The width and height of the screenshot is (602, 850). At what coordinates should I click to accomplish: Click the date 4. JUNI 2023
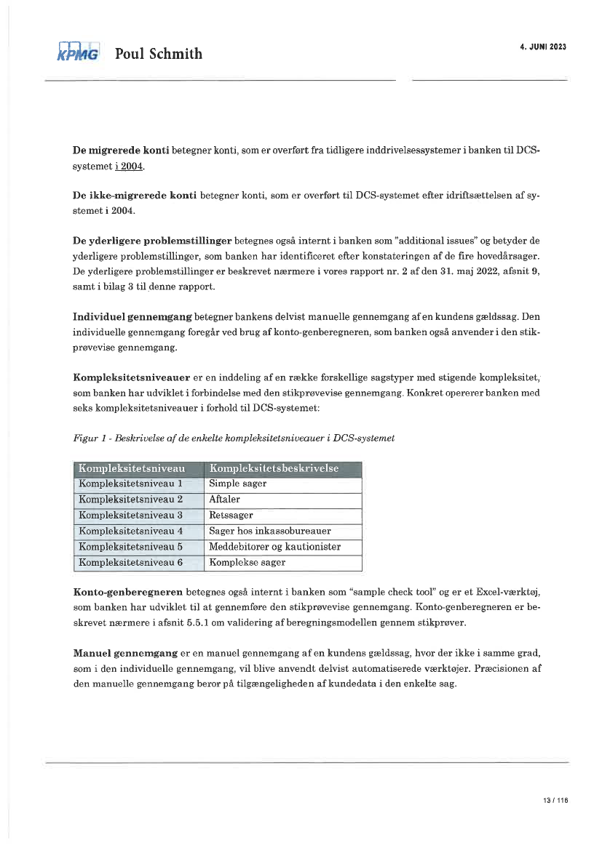(x=543, y=47)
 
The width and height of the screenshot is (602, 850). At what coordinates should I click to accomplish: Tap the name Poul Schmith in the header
(x=159, y=54)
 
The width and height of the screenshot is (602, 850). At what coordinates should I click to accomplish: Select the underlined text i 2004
(x=129, y=167)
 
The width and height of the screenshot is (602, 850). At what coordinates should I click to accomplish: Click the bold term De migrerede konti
(x=121, y=151)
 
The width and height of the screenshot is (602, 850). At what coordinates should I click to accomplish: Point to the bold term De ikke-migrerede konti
(x=135, y=196)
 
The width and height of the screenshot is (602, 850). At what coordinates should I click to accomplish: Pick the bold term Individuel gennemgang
(x=132, y=318)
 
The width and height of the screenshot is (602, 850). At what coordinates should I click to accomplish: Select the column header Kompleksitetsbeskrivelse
(x=274, y=468)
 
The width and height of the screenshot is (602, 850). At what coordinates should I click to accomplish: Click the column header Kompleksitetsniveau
(x=132, y=468)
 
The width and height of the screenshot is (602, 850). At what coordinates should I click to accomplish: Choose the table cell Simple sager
(x=238, y=484)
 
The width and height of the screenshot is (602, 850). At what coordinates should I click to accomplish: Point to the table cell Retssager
(x=231, y=516)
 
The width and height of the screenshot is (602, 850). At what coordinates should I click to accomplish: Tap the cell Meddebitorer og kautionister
(x=274, y=547)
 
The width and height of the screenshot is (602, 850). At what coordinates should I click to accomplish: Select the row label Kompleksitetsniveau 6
(x=130, y=562)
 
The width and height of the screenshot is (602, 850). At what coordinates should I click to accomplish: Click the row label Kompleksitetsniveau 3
(x=130, y=516)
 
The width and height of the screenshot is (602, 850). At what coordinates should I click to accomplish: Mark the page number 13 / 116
(x=555, y=800)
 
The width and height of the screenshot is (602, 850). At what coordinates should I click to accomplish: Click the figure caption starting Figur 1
(x=234, y=438)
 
